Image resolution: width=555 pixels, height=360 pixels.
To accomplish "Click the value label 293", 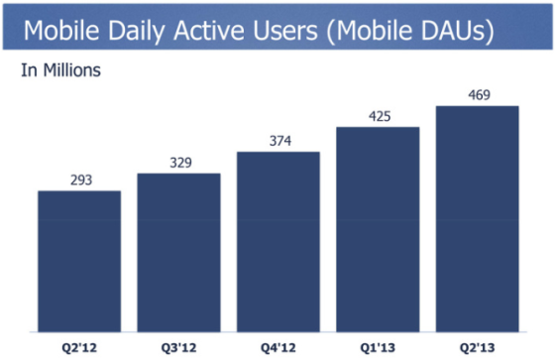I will point(79,180).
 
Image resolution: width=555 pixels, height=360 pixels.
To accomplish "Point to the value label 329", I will point(178,163).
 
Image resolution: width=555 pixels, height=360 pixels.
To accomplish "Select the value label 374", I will point(277,141).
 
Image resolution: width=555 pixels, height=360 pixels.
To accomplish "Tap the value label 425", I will point(378,116).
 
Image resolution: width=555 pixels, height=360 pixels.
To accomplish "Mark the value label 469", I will point(478,94).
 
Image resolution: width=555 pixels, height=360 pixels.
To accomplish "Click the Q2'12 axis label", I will point(79,347).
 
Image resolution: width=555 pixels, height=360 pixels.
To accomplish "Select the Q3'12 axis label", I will point(178,347).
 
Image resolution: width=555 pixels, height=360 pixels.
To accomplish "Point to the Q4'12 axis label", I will point(277,347).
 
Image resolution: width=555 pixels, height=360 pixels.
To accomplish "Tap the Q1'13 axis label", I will point(378,347).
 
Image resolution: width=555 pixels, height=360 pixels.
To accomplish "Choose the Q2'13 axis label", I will point(478,347).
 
